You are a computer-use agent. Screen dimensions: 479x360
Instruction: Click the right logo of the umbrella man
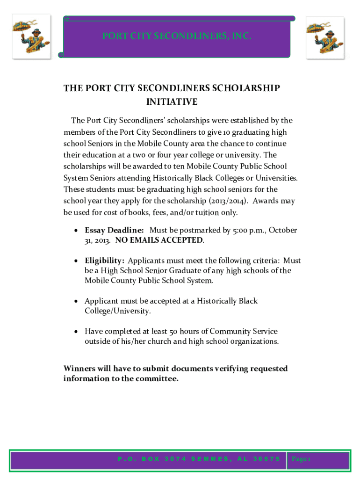pos(325,37)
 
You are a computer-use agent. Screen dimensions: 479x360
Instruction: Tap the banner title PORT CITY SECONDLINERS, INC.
pos(177,36)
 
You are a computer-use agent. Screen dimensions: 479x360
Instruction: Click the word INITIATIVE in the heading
pos(172,102)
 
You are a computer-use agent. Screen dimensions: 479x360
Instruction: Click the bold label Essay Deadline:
pos(114,230)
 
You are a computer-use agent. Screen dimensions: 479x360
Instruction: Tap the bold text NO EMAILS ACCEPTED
pos(159,240)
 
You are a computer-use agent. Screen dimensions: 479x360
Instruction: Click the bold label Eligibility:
pos(104,261)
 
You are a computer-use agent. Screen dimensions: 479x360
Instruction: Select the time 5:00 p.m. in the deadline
pos(247,230)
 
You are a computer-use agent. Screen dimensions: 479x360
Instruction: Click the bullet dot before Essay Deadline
pos(76,231)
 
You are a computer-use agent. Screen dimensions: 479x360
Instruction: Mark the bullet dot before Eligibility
pos(76,261)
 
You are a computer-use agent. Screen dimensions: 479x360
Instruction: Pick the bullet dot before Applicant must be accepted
pos(76,301)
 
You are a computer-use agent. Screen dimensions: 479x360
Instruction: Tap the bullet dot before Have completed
pos(76,332)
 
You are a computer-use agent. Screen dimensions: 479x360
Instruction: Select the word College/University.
pos(117,311)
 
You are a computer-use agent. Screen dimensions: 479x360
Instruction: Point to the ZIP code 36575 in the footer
pos(266,459)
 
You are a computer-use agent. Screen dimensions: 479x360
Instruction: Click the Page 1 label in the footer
pos(301,459)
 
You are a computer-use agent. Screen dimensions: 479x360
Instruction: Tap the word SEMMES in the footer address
pos(208,459)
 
